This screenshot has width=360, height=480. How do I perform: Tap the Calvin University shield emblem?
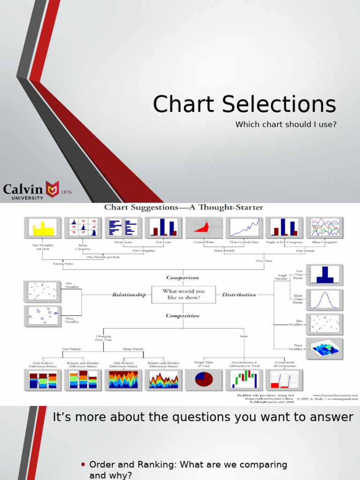pos(52,189)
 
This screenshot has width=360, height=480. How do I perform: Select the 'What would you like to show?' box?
pos(183,294)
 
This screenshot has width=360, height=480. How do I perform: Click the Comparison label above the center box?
pos(183,277)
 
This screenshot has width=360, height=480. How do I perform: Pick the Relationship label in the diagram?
pos(129,295)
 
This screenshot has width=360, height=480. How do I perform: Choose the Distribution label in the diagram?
pos(239,295)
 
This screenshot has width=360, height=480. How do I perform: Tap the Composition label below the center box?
pos(183,315)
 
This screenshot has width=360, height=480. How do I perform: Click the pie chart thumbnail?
pos(203,380)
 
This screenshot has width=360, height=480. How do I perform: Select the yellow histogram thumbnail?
pos(43,228)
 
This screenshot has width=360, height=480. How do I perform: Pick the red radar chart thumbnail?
pos(204,228)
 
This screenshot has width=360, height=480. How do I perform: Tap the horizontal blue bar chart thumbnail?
pos(123,228)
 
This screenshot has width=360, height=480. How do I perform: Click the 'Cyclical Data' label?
pos(204,242)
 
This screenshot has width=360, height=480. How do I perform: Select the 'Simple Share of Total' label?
pos(203,364)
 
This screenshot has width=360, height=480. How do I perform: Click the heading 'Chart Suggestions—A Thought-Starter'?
pos(183,207)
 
